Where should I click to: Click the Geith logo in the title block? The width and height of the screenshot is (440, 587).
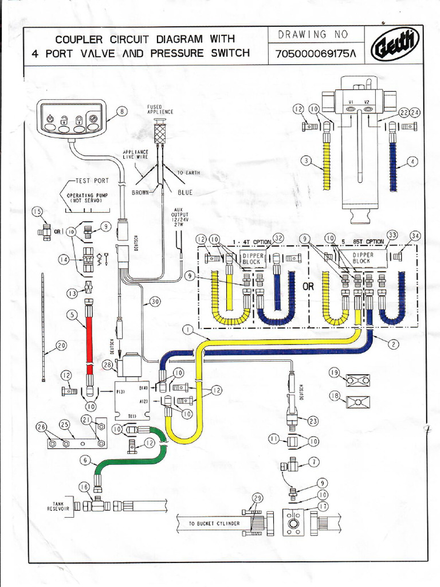click(395, 46)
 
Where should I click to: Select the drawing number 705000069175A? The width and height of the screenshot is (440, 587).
click(315, 54)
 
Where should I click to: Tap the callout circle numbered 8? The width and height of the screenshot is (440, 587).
click(122, 111)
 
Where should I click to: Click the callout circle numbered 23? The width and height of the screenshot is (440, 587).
click(313, 421)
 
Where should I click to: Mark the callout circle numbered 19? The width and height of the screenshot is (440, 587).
click(335, 373)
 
